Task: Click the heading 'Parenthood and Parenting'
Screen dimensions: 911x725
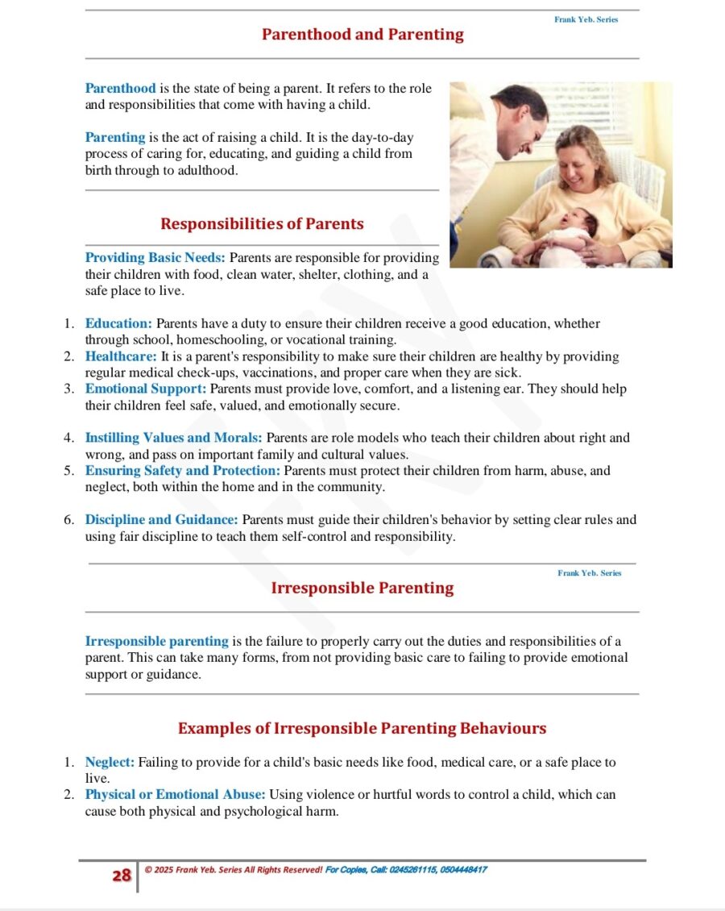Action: [362, 35]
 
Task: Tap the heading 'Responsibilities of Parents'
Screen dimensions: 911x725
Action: [262, 223]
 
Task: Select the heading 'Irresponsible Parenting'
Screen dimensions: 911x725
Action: [362, 588]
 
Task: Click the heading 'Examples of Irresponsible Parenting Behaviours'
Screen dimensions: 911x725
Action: [362, 728]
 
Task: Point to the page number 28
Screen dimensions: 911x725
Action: [122, 876]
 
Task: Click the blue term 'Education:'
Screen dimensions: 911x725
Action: [118, 324]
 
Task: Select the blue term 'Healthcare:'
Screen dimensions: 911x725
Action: [121, 356]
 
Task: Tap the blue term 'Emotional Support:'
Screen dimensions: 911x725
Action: [146, 389]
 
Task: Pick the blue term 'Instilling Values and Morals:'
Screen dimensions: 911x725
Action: [173, 438]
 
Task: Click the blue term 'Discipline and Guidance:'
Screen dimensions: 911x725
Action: [161, 520]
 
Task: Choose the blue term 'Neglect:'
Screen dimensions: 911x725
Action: [110, 762]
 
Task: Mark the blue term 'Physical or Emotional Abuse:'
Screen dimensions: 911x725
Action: [175, 794]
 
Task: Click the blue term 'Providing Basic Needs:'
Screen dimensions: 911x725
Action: [155, 258]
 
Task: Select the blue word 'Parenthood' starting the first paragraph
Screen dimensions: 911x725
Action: [121, 89]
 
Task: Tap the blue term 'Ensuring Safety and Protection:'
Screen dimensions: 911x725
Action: [183, 471]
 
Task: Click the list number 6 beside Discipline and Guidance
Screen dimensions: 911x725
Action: [69, 520]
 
